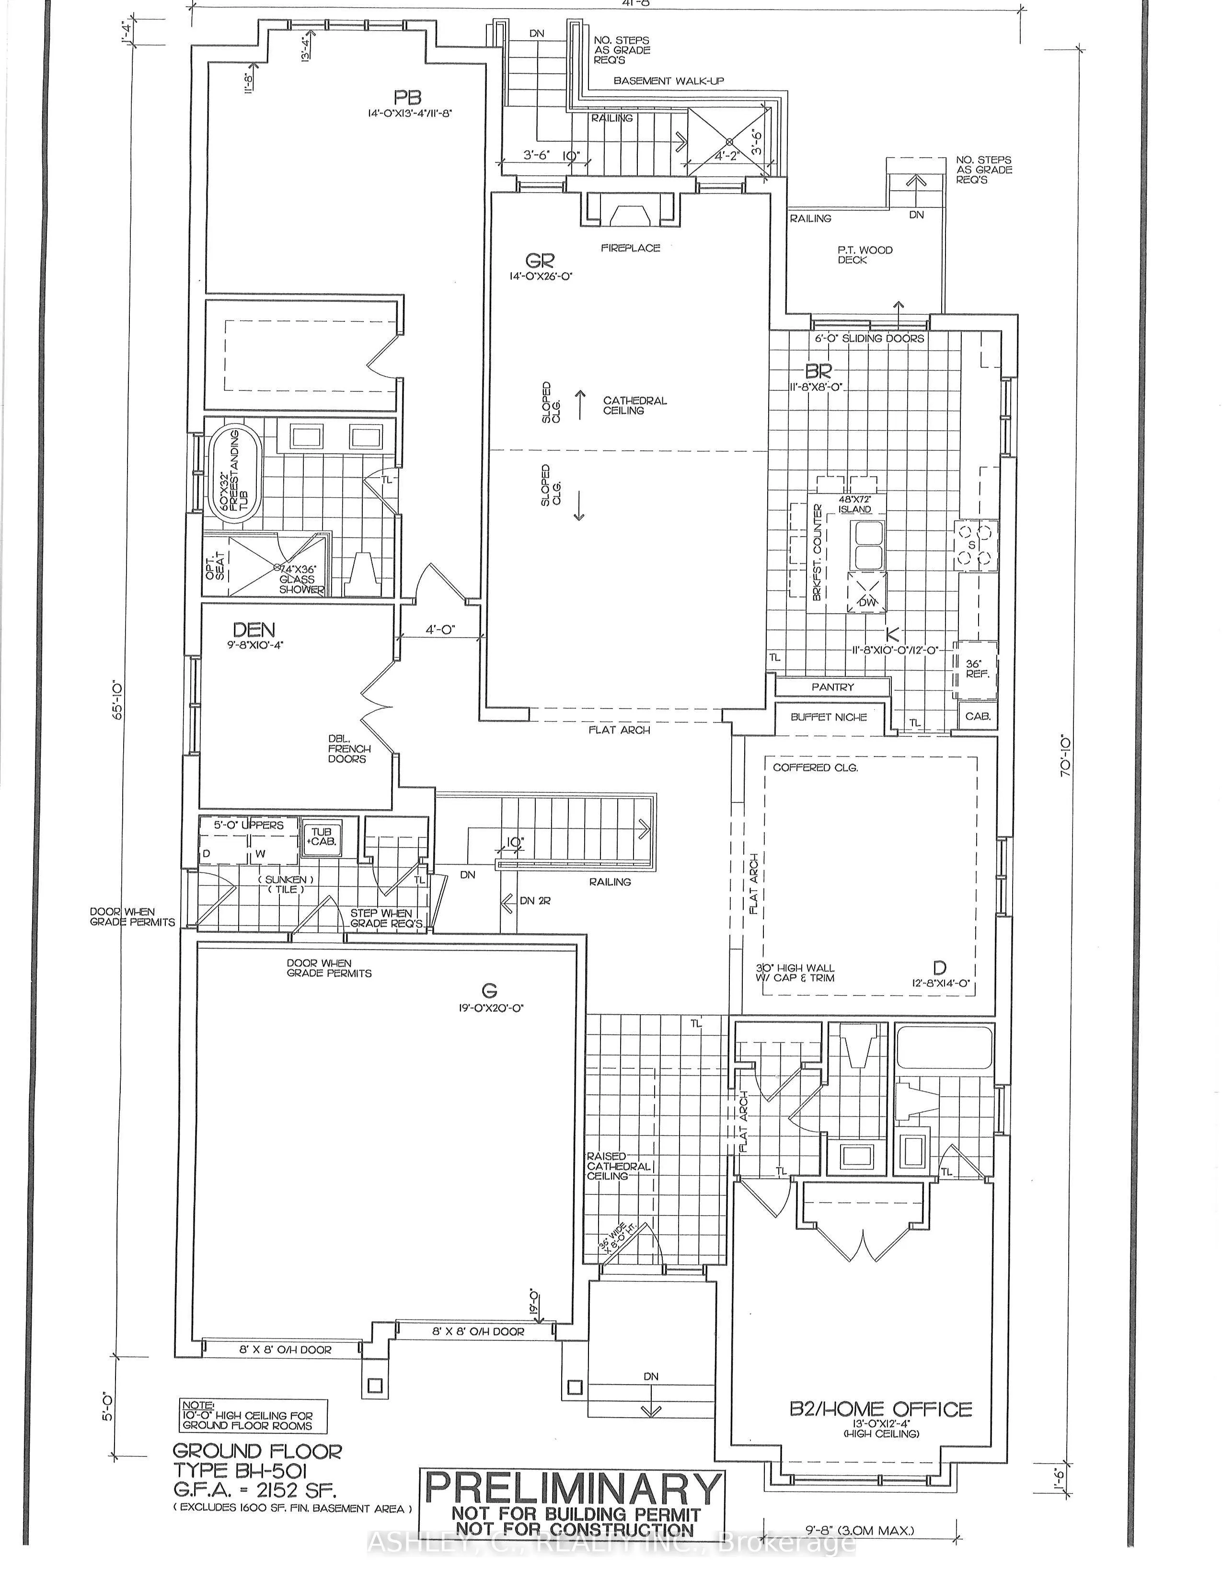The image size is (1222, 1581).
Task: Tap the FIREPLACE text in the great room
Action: pyautogui.click(x=630, y=248)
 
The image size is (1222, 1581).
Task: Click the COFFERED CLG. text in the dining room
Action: pyautogui.click(x=815, y=768)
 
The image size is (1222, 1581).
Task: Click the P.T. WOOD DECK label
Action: pyautogui.click(x=865, y=255)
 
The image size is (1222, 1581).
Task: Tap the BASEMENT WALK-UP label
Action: pyautogui.click(x=668, y=81)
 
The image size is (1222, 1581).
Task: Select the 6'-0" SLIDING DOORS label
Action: pyautogui.click(x=869, y=338)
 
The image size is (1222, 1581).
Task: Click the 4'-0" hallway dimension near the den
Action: pyautogui.click(x=439, y=630)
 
